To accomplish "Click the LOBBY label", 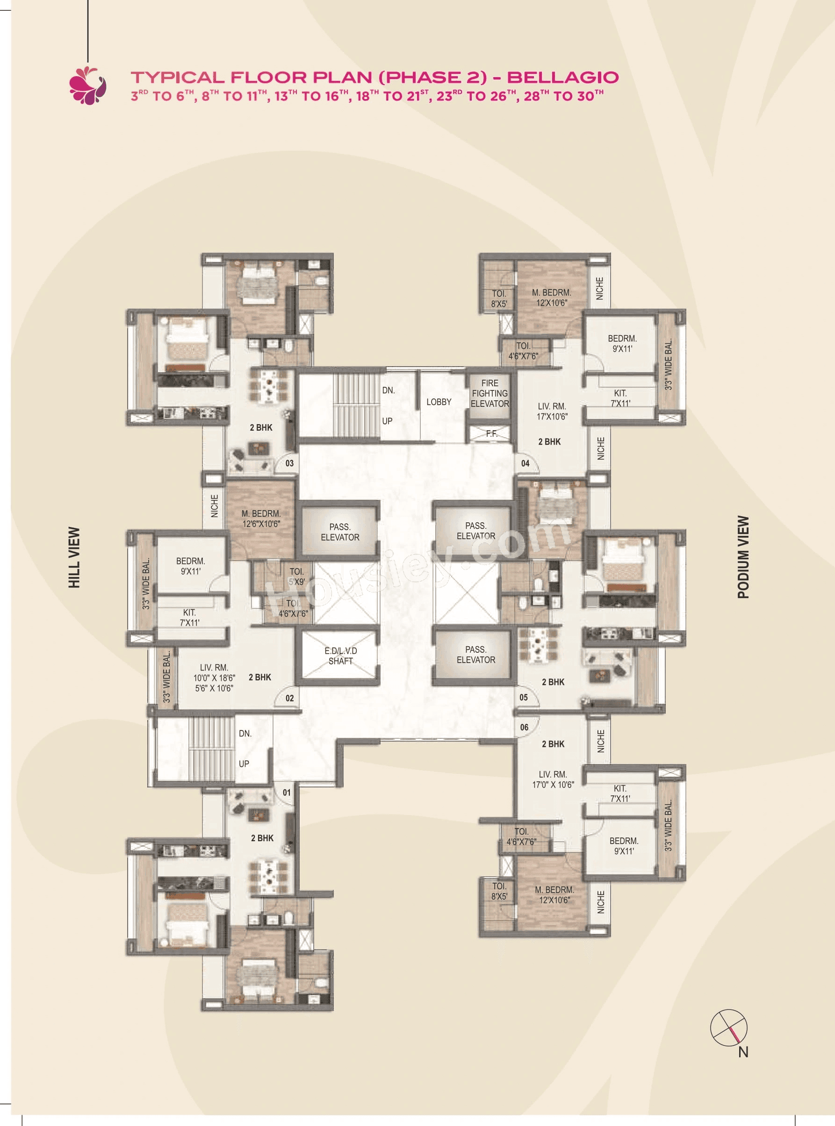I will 438,402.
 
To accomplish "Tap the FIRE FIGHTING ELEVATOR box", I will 489,394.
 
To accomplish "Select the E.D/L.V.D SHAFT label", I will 340,656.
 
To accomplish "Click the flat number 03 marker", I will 289,463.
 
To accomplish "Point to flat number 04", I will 525,463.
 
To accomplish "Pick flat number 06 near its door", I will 524,727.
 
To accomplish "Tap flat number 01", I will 287,793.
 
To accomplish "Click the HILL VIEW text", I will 74,557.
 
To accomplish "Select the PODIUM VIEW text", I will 743,557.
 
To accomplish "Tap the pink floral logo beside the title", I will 88,85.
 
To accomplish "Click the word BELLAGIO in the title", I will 562,77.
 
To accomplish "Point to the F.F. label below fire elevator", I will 491,433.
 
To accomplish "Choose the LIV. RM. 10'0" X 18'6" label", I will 214,678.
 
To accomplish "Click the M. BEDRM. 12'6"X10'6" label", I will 261,519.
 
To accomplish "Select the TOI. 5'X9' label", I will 297,577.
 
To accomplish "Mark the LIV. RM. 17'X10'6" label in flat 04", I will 552,411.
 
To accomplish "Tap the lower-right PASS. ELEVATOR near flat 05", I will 475,655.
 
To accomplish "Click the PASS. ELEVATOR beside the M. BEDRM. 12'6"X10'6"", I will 340,532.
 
